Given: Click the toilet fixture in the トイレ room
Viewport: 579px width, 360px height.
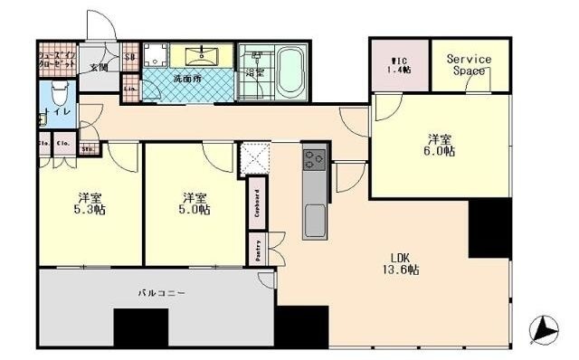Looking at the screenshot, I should coord(57,92).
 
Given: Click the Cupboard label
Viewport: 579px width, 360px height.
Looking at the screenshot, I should coord(258,201).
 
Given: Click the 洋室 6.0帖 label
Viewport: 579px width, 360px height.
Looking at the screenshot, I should coord(441,145).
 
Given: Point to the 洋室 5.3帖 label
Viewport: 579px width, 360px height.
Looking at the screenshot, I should coord(89,203).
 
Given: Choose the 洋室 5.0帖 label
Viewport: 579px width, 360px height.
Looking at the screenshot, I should coord(195,203).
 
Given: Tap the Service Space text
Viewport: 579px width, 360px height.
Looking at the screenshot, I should coord(469,64).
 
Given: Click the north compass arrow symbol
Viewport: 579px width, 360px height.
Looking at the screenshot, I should coord(545,329).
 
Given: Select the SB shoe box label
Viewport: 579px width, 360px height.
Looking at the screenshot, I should coord(130,56).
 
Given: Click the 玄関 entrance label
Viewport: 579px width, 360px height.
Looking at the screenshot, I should coord(99,66).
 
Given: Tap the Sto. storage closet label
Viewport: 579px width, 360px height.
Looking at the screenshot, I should coord(89,149).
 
